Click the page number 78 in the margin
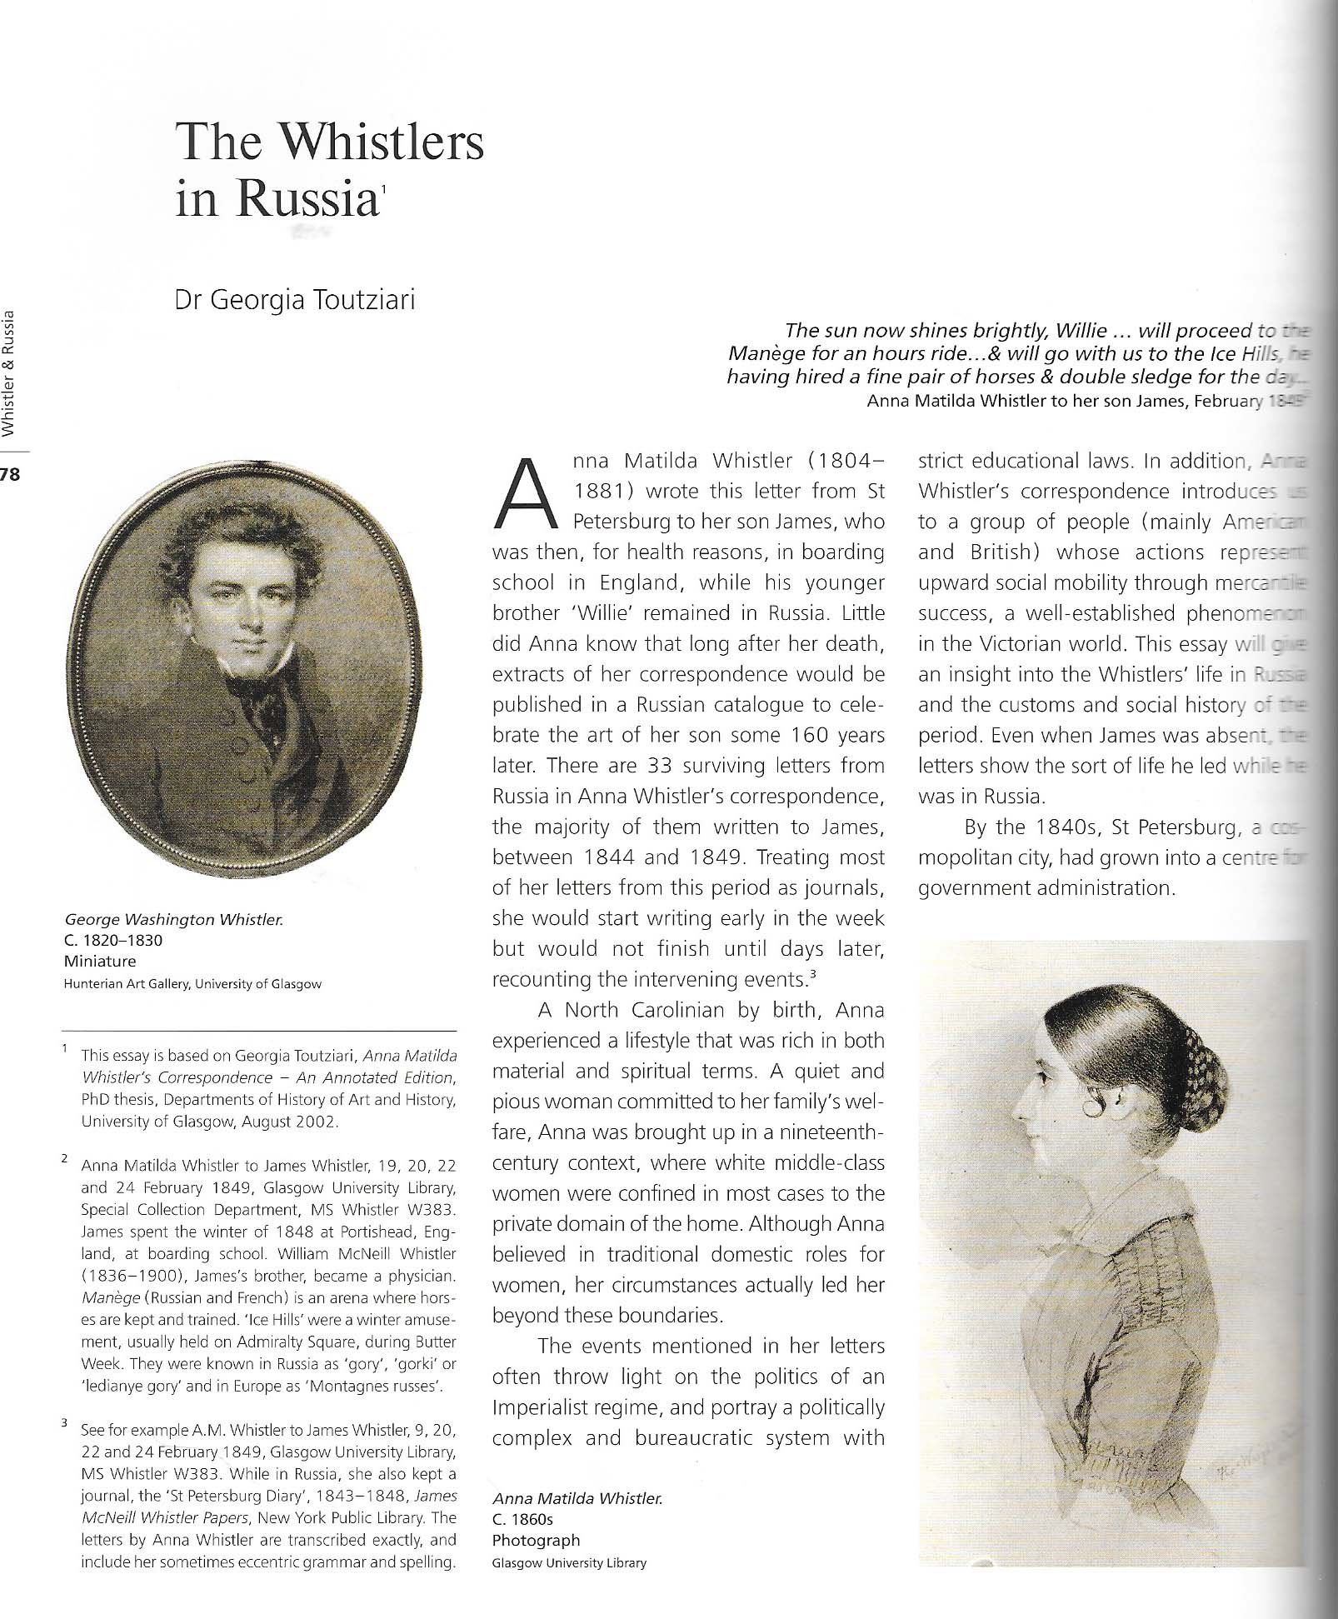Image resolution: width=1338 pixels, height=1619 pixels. click(10, 475)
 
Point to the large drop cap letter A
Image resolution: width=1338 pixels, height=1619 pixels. click(525, 495)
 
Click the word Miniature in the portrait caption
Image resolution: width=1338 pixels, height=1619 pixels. click(100, 961)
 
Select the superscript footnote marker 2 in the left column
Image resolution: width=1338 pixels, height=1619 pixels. click(65, 1159)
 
